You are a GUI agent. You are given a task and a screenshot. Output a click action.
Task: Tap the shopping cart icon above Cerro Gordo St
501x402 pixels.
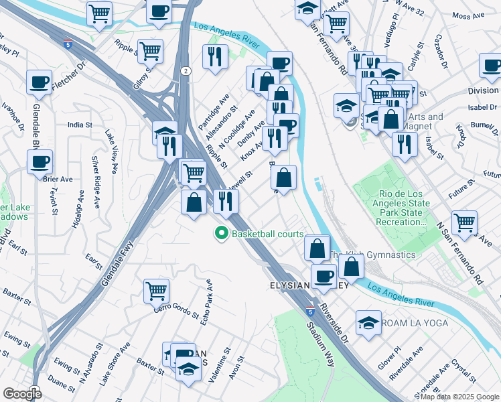point(156,289)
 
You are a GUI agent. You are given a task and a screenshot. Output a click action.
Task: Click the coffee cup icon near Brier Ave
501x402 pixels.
point(40,161)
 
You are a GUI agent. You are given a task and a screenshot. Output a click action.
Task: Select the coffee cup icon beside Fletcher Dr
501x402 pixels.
point(39,81)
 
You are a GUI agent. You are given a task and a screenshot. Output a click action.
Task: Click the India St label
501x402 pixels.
point(79,125)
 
